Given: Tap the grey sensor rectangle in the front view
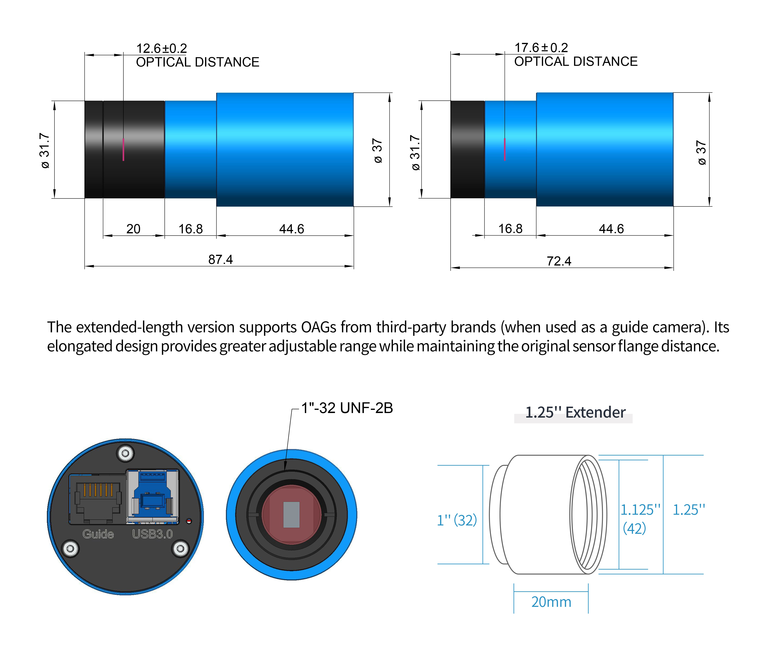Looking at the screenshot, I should pyautogui.click(x=291, y=515).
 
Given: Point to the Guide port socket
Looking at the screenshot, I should pyautogui.click(x=98, y=499).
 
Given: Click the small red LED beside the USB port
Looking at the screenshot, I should pyautogui.click(x=189, y=521).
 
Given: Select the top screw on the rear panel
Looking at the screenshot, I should pyautogui.click(x=125, y=453).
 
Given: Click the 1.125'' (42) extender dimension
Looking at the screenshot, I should pyautogui.click(x=639, y=518).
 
